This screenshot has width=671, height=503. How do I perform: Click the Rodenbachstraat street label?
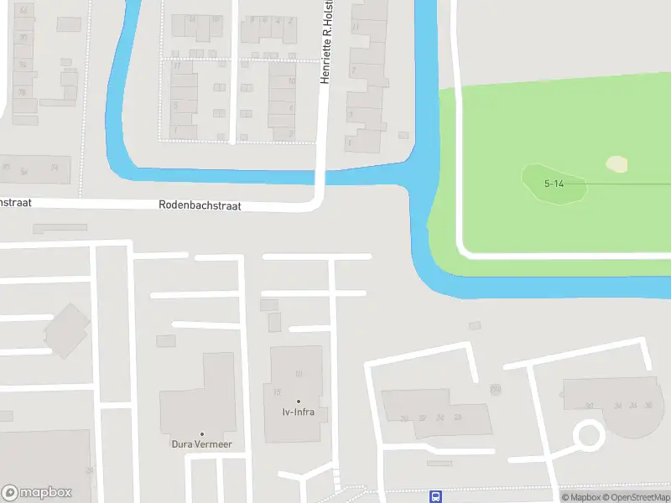[x=200, y=205]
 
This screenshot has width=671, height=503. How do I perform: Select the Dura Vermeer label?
[x=201, y=444]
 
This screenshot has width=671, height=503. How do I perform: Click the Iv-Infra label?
[x=298, y=412]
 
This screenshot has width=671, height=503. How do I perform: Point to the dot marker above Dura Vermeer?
[x=201, y=433]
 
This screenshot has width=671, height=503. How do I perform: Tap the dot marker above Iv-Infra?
[x=298, y=401]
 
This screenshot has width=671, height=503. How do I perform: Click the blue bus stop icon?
[x=435, y=496]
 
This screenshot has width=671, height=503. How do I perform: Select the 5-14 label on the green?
[x=554, y=183]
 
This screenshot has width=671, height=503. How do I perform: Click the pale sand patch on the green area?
[x=616, y=164]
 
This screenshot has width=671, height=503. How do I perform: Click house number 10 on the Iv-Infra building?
[x=298, y=373]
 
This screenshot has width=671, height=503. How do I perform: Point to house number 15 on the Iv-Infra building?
[x=277, y=392]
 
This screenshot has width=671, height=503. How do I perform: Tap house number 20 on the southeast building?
[x=404, y=417]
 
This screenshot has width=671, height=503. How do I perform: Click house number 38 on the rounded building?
[x=647, y=406]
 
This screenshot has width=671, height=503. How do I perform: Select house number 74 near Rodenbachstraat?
[x=55, y=168]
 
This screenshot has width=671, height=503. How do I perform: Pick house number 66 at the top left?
[x=23, y=10]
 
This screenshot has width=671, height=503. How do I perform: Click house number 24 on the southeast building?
[x=440, y=417]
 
